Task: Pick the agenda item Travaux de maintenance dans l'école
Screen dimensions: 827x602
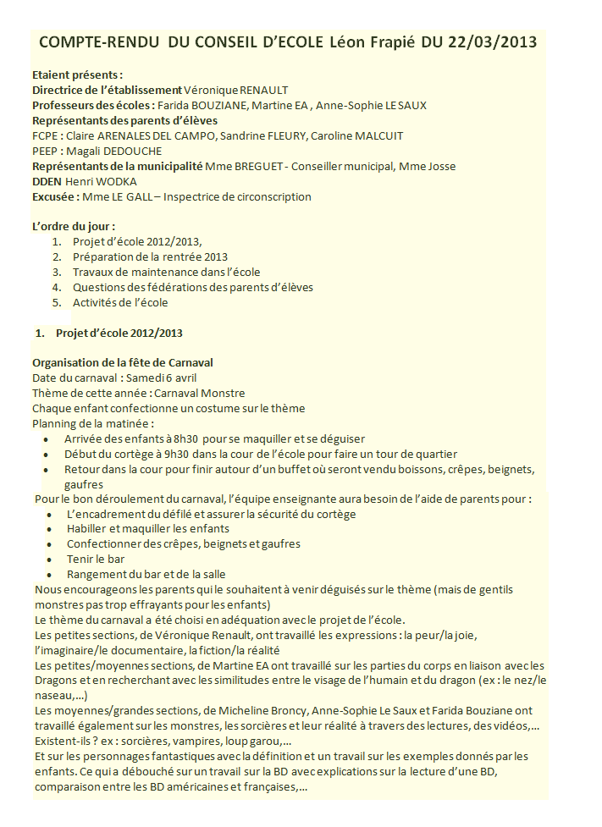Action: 166,272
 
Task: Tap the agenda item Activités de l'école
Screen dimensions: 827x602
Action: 120,302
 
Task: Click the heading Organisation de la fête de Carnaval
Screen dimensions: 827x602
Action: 122,362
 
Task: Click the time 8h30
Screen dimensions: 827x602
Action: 185,439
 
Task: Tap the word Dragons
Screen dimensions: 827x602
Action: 56,681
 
